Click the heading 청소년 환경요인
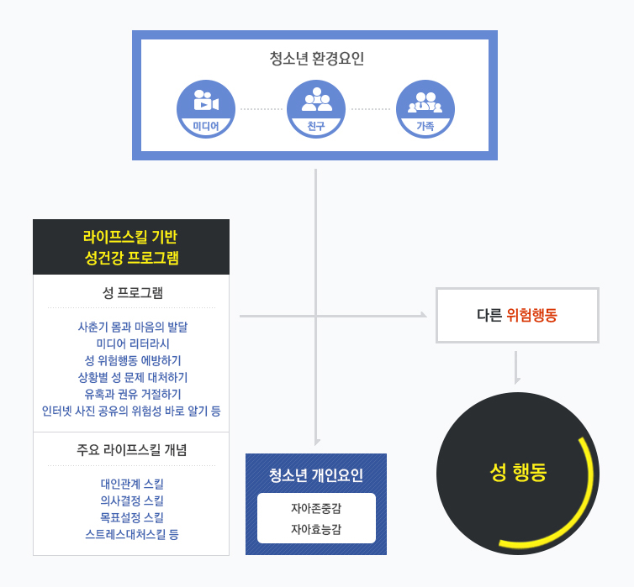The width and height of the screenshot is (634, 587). pyautogui.click(x=316, y=59)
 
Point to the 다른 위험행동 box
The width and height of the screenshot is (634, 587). pyautogui.click(x=517, y=316)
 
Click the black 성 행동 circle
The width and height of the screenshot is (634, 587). pyautogui.click(x=517, y=472)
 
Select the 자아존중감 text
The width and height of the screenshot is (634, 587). pyautogui.click(x=316, y=508)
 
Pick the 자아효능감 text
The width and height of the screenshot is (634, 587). pyautogui.click(x=316, y=529)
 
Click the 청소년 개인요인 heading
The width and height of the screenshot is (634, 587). pyautogui.click(x=316, y=475)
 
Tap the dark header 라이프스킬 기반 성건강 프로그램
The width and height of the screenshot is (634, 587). pyautogui.click(x=131, y=247)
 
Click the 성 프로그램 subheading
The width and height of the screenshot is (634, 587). pyautogui.click(x=131, y=293)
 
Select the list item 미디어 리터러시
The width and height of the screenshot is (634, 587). pyautogui.click(x=132, y=343)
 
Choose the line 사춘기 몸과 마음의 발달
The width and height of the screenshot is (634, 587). pyautogui.click(x=132, y=327)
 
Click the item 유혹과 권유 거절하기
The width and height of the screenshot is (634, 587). pyautogui.click(x=132, y=394)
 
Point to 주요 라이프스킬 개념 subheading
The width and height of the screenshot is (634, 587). pyautogui.click(x=131, y=449)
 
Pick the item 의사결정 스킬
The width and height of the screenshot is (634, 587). pyautogui.click(x=132, y=501)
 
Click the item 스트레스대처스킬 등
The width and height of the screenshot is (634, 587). pyautogui.click(x=132, y=534)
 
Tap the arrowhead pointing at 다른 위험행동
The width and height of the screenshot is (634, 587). pyautogui.click(x=423, y=315)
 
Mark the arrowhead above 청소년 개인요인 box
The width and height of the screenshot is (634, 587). pyautogui.click(x=316, y=442)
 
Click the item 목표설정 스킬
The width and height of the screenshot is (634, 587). pyautogui.click(x=132, y=517)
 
